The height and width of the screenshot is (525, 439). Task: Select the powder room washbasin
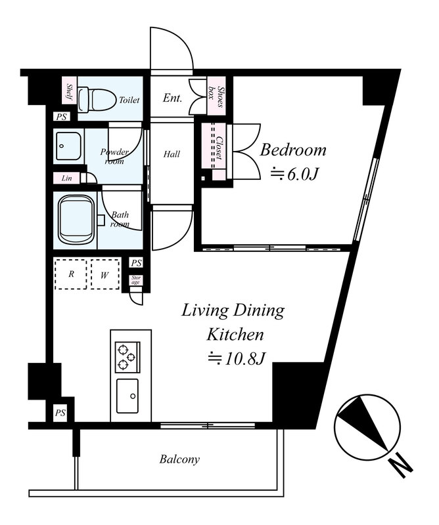tap(68, 146)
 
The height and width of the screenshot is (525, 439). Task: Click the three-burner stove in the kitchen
tap(127, 357)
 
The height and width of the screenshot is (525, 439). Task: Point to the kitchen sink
tap(127, 396)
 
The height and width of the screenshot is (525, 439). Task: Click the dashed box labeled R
tap(71, 274)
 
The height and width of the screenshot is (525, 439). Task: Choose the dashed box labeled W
tap(105, 274)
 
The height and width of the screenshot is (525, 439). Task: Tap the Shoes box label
tap(216, 96)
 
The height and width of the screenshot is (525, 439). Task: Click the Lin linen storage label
tap(67, 178)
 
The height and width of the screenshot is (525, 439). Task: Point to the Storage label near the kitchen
tap(136, 280)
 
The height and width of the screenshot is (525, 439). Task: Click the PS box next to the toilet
tap(61, 117)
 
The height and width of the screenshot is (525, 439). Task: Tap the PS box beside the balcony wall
tap(60, 413)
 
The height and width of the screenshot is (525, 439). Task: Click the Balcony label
tap(179, 459)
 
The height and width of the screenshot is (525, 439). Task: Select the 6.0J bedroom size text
tap(294, 174)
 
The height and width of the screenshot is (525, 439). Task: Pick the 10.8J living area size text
tap(237, 358)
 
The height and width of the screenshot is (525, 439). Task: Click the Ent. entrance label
tap(172, 98)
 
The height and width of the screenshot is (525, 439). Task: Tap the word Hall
tap(172, 154)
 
